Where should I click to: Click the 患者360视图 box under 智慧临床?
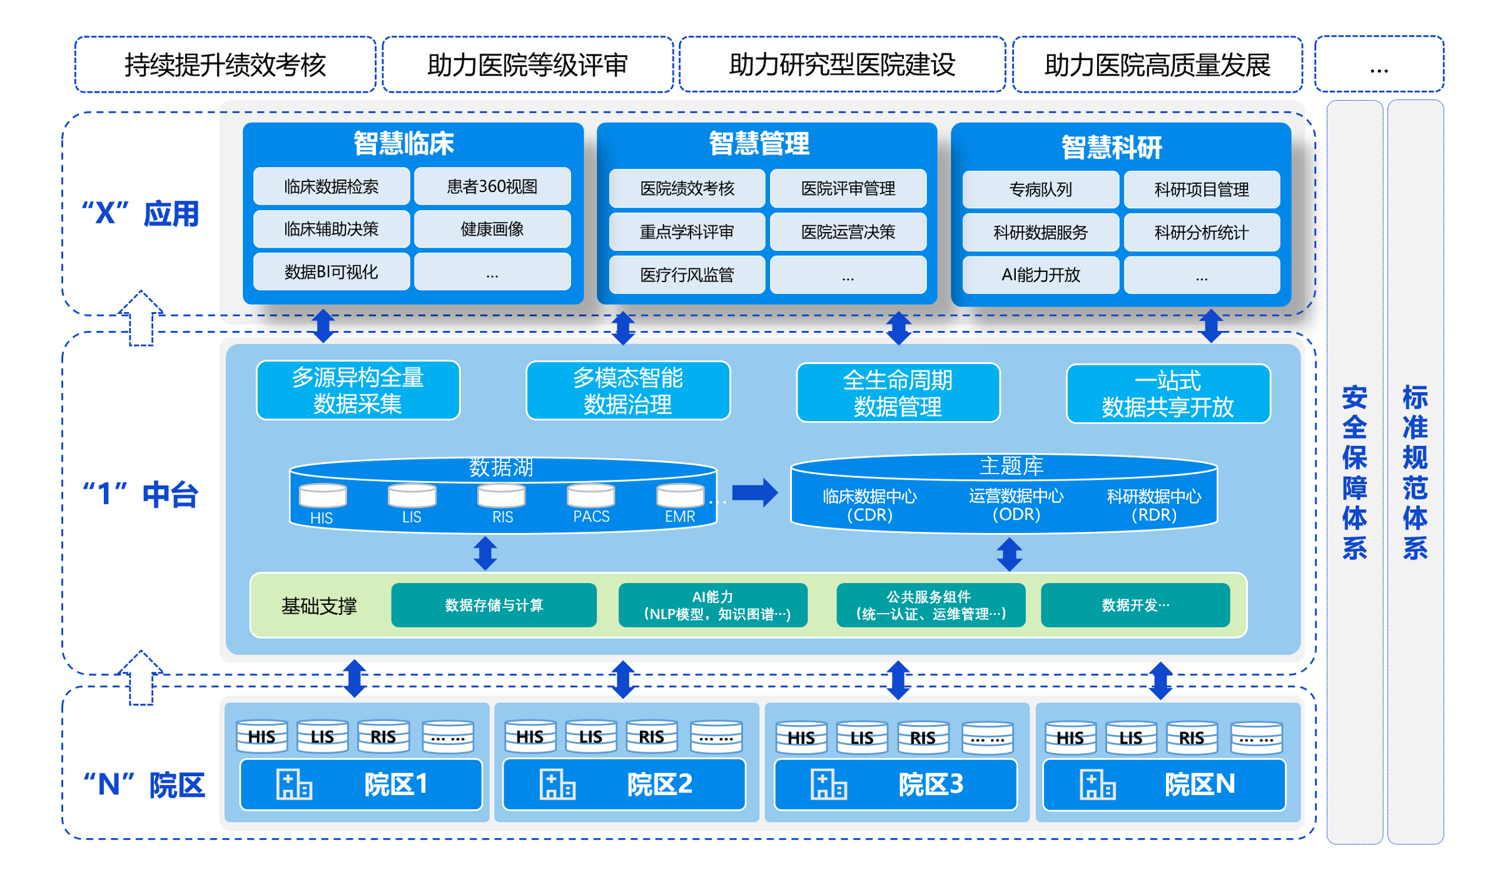coord(492,186)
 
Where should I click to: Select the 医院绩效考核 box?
coord(686,188)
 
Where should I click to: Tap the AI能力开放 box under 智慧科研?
coord(1040,275)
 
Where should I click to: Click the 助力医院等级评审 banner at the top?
coord(527,65)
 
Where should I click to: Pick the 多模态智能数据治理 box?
coord(627,391)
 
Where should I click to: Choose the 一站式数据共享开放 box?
coord(1167,393)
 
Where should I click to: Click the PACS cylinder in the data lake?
coord(590,497)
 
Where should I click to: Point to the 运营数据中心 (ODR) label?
coord(1015,505)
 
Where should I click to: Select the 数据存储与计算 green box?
coord(493,605)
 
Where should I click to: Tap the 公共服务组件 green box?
coord(930,605)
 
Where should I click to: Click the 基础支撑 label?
coord(318,606)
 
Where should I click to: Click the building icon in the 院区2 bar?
coord(557,784)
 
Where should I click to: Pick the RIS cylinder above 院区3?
coord(922,737)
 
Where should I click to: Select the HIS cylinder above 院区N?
coord(1069,737)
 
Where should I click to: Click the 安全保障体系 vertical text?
coord(1354,472)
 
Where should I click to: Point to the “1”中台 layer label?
coord(140,494)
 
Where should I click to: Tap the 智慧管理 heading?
coord(758,143)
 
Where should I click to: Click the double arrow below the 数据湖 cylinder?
coord(485,553)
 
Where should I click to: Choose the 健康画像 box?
coord(492,229)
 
